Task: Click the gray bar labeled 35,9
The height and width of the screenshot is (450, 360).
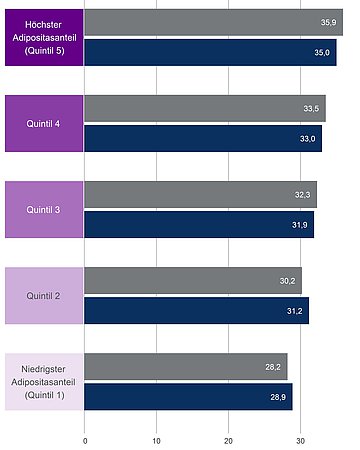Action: pos(213,21)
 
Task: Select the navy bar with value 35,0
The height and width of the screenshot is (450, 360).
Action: pos(210,52)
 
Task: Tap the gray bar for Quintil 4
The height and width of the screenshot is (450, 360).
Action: pos(205,108)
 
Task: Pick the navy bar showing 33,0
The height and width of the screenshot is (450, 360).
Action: pos(203,138)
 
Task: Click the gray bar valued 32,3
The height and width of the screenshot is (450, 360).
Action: pos(200,194)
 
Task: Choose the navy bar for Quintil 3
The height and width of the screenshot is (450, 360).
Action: pos(199,225)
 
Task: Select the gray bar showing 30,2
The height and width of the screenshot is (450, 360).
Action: pos(193,281)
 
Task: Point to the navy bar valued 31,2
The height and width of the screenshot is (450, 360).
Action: pos(197,311)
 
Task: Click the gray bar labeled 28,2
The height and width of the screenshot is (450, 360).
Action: pos(186,367)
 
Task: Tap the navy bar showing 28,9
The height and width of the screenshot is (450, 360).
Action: pos(188,397)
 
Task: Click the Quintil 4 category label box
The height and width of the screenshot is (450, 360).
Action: pos(43,123)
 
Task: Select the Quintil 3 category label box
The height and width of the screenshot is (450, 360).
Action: pos(43,210)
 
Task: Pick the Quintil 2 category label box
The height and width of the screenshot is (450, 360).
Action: pos(43,296)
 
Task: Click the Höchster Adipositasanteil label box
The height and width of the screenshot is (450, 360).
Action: pos(43,37)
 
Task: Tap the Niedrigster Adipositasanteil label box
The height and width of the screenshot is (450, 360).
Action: pos(43,382)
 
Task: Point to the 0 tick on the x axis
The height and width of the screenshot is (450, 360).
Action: pos(85,439)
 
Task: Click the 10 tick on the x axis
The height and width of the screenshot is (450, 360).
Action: pos(157,439)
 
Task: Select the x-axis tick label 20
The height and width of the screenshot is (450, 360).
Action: pos(229,439)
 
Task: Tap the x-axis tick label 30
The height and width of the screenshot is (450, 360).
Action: pos(300,439)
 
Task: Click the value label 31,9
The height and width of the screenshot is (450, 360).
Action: pos(299,225)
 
